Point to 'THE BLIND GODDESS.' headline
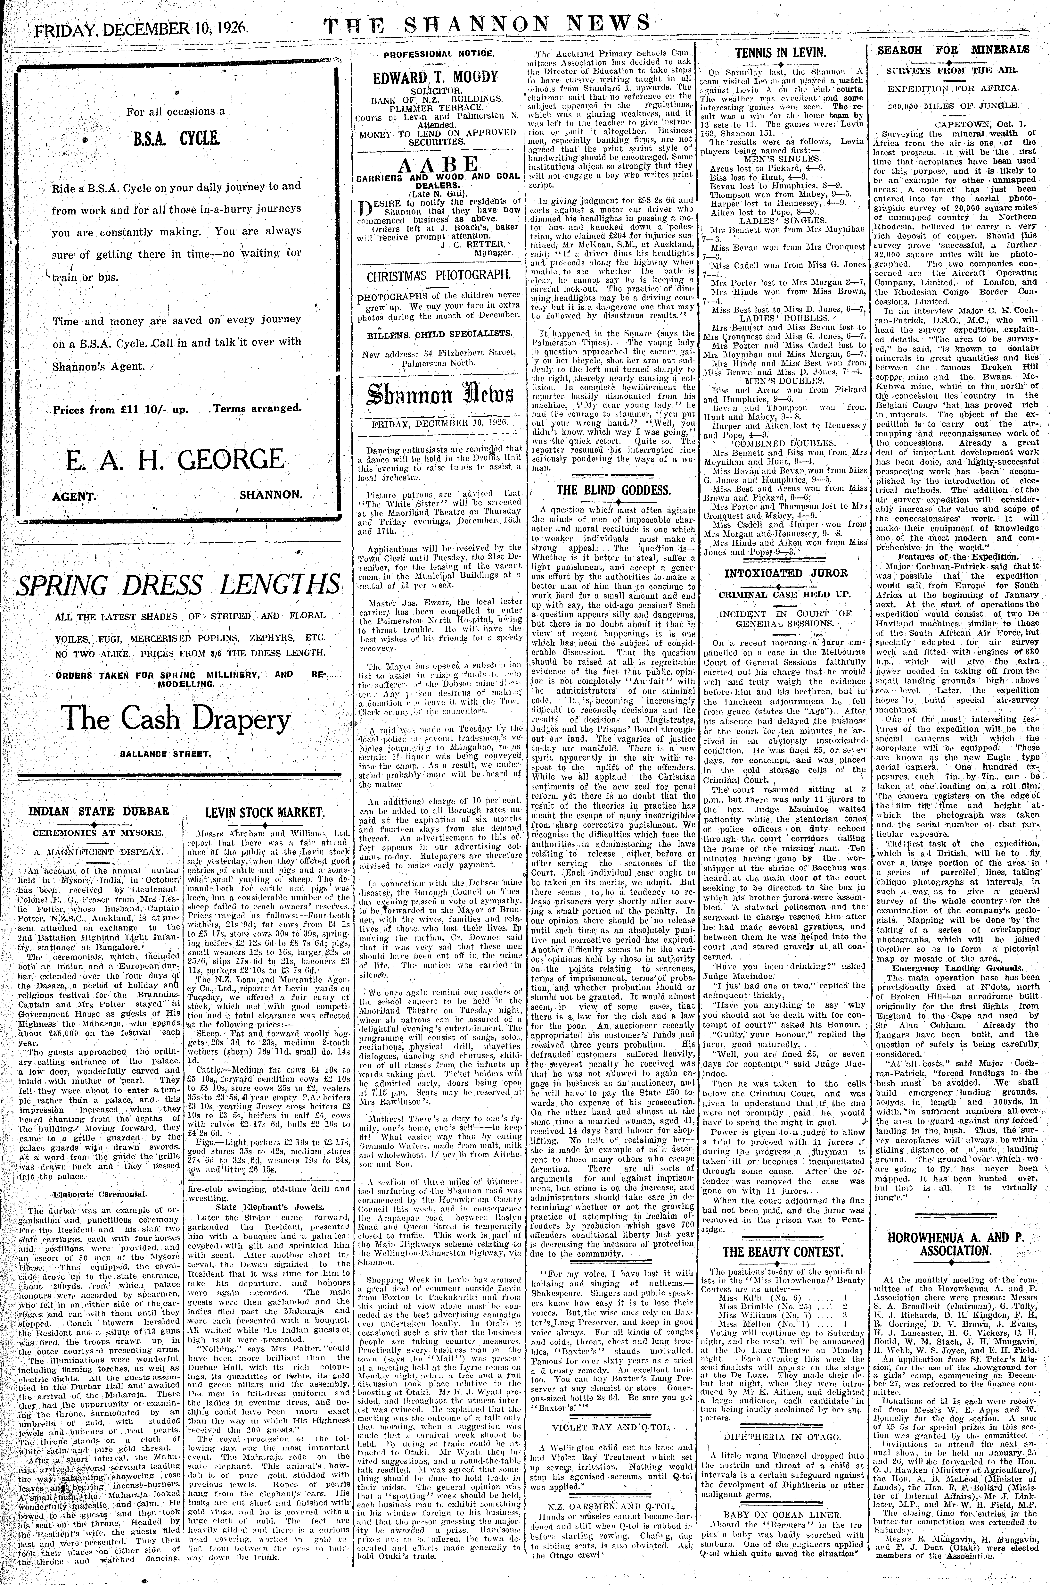(613, 490)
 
